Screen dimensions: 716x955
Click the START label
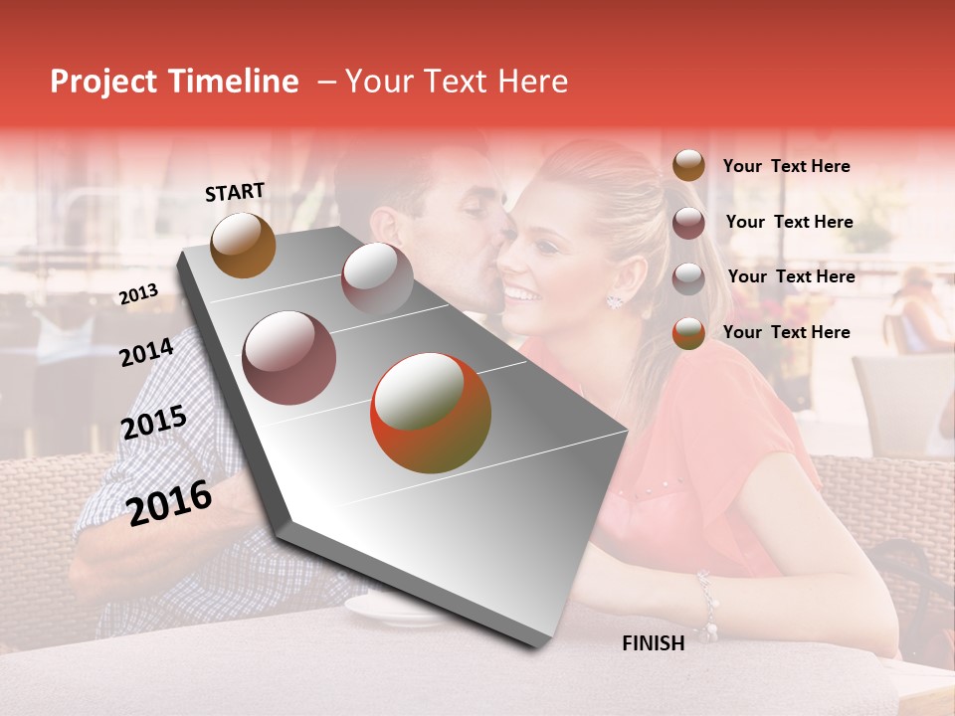click(235, 192)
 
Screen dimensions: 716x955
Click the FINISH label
click(653, 643)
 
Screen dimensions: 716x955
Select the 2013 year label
click(138, 294)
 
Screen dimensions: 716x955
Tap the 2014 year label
click(146, 353)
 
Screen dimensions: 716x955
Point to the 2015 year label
click(153, 424)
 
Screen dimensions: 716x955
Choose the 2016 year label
click(169, 503)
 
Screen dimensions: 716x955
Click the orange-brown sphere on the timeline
click(243, 245)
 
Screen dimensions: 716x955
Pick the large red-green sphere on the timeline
click(431, 413)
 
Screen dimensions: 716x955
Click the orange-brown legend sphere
click(688, 166)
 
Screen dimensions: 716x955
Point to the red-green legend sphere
click(688, 333)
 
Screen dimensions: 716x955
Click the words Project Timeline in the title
click(174, 82)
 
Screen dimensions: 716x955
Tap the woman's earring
click(614, 299)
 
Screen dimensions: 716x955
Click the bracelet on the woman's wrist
click(707, 604)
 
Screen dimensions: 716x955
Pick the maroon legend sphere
click(688, 223)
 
